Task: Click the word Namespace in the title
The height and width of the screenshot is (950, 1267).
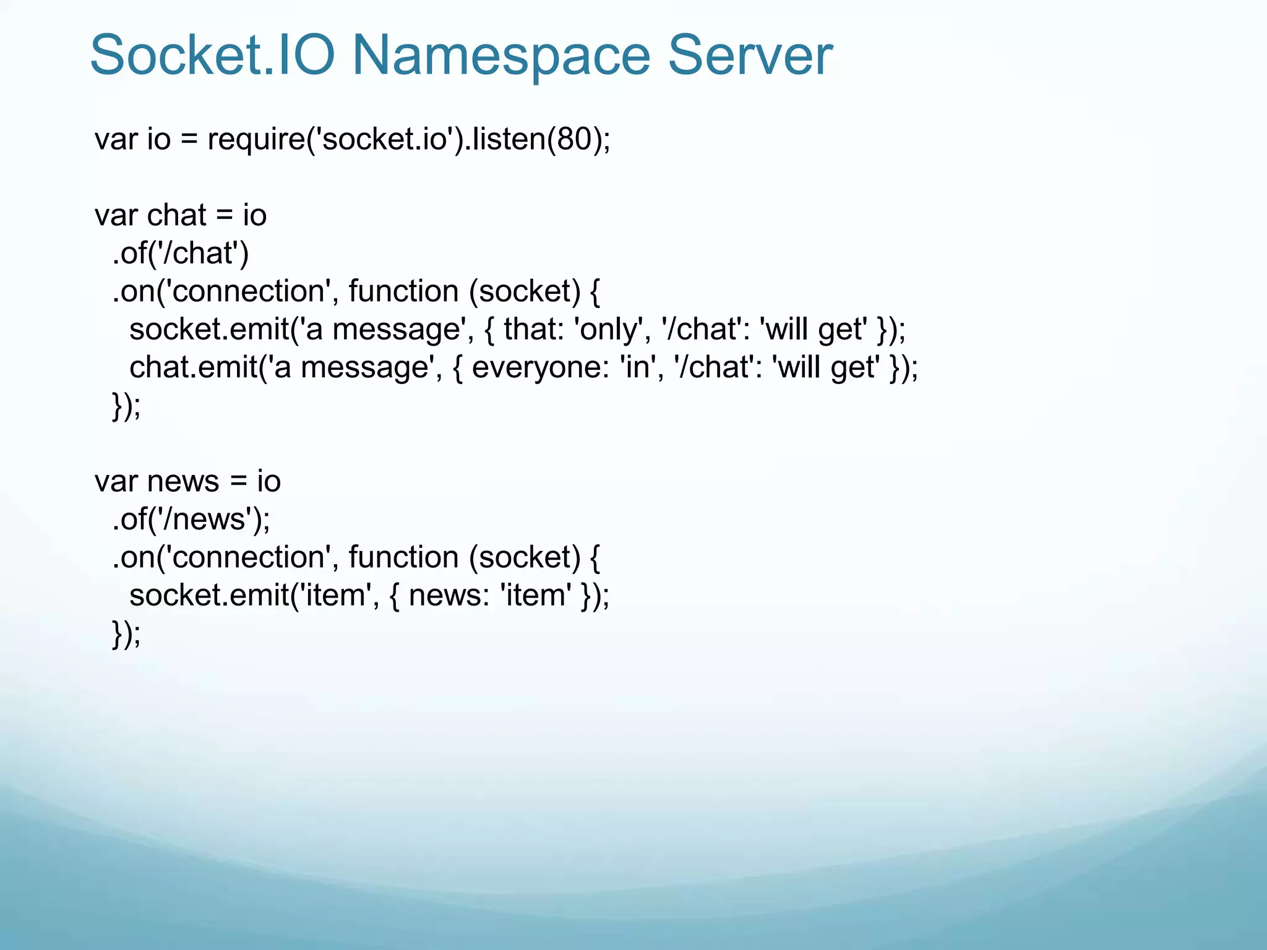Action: (501, 56)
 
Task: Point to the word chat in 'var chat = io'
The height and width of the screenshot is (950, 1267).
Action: (176, 215)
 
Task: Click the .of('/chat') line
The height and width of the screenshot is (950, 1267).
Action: (180, 253)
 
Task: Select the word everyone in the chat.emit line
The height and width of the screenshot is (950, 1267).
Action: (536, 367)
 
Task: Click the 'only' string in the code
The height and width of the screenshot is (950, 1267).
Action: (609, 329)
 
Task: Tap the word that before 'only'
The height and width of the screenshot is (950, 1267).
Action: (528, 329)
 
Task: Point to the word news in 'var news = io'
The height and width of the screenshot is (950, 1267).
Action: (183, 481)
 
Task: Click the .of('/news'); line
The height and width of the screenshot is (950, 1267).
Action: (191, 519)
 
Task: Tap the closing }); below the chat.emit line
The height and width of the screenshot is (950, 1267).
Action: (126, 406)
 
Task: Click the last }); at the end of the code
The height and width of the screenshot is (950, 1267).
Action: (126, 634)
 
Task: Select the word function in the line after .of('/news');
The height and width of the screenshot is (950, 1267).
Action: (403, 557)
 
